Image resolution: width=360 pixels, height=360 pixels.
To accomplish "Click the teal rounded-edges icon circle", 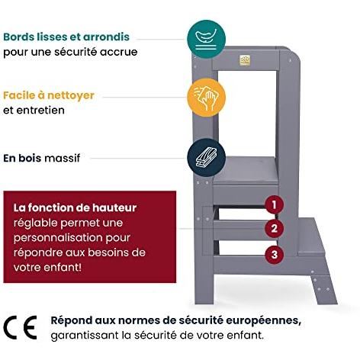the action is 206,39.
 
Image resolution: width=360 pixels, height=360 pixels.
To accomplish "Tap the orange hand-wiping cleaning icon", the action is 206,98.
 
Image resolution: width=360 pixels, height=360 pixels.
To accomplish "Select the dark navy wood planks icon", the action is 206,158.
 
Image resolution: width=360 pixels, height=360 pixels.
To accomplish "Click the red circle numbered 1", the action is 274,204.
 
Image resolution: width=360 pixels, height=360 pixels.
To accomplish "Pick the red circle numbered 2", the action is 274,228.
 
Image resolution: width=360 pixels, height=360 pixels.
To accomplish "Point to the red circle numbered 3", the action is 274,254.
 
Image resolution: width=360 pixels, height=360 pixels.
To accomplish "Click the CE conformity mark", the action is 20,327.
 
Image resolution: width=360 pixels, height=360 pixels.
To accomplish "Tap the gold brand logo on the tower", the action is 245,60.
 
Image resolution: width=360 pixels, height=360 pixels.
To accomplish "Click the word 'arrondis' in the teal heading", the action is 106,37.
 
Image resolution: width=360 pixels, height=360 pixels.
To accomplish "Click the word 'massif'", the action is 63,158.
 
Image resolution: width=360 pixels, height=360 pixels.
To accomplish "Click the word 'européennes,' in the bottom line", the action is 264,321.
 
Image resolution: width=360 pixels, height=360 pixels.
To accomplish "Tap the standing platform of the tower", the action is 246,170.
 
